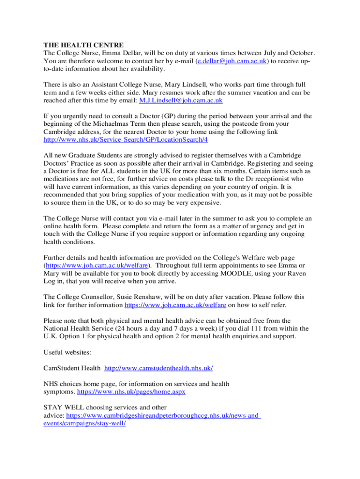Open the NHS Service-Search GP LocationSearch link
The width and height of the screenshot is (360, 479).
(125, 139)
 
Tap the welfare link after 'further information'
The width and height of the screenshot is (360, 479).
(175, 305)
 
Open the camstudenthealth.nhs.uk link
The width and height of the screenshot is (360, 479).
(158, 368)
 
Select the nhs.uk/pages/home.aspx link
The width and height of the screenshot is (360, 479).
(131, 392)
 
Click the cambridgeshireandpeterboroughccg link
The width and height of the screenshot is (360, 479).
(164, 415)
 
